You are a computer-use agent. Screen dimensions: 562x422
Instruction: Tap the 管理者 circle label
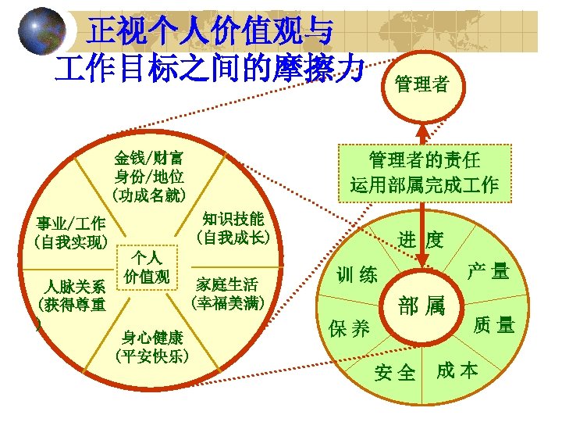tap(422, 84)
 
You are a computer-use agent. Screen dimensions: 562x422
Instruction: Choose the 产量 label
tap(488, 271)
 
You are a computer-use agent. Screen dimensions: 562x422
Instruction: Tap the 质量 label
tap(494, 324)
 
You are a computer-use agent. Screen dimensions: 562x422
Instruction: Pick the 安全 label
tap(395, 374)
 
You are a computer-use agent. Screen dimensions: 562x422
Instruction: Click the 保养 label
tap(350, 329)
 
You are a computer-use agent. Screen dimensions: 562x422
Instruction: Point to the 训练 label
tap(357, 274)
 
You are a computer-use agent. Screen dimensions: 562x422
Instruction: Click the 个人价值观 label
tap(147, 267)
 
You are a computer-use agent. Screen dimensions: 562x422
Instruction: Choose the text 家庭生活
tap(227, 284)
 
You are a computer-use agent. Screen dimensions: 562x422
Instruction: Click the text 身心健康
tap(152, 337)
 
